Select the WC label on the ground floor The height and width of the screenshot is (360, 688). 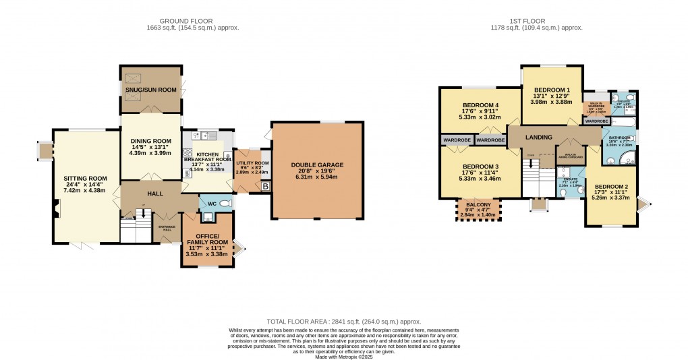tap(211, 203)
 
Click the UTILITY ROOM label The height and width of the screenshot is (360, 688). tap(252, 163)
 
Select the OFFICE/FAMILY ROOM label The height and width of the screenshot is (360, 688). tap(207, 237)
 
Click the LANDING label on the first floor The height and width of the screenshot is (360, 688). tap(540, 138)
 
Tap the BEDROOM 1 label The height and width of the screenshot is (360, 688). tap(552, 90)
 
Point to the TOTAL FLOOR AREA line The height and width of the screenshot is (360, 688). tap(343, 322)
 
